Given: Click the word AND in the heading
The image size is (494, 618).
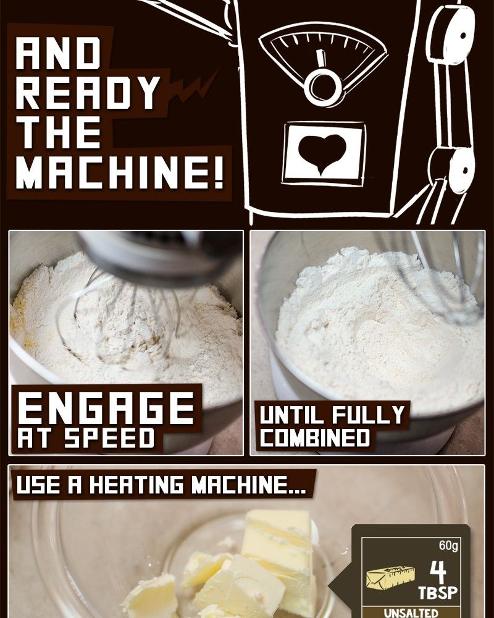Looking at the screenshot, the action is point(58,53).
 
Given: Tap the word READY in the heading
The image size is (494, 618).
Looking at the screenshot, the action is point(88,93).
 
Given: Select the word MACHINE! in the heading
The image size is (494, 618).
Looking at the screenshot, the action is point(120,172).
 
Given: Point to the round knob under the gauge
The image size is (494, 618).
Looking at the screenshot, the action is point(323,87).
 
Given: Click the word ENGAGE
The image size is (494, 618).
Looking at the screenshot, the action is point(106,408).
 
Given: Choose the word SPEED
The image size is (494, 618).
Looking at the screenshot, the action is point(109,438).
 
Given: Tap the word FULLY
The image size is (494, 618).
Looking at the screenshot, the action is point(368,415).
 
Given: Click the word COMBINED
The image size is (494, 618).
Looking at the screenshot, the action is point(315,438).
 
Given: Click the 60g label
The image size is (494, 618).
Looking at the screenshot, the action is point(448,546).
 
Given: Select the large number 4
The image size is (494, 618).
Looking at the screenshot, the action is point(438,573).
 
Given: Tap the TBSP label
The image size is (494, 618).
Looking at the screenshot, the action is point(438,593).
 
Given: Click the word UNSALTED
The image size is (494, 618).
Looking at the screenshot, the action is point(411,613).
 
